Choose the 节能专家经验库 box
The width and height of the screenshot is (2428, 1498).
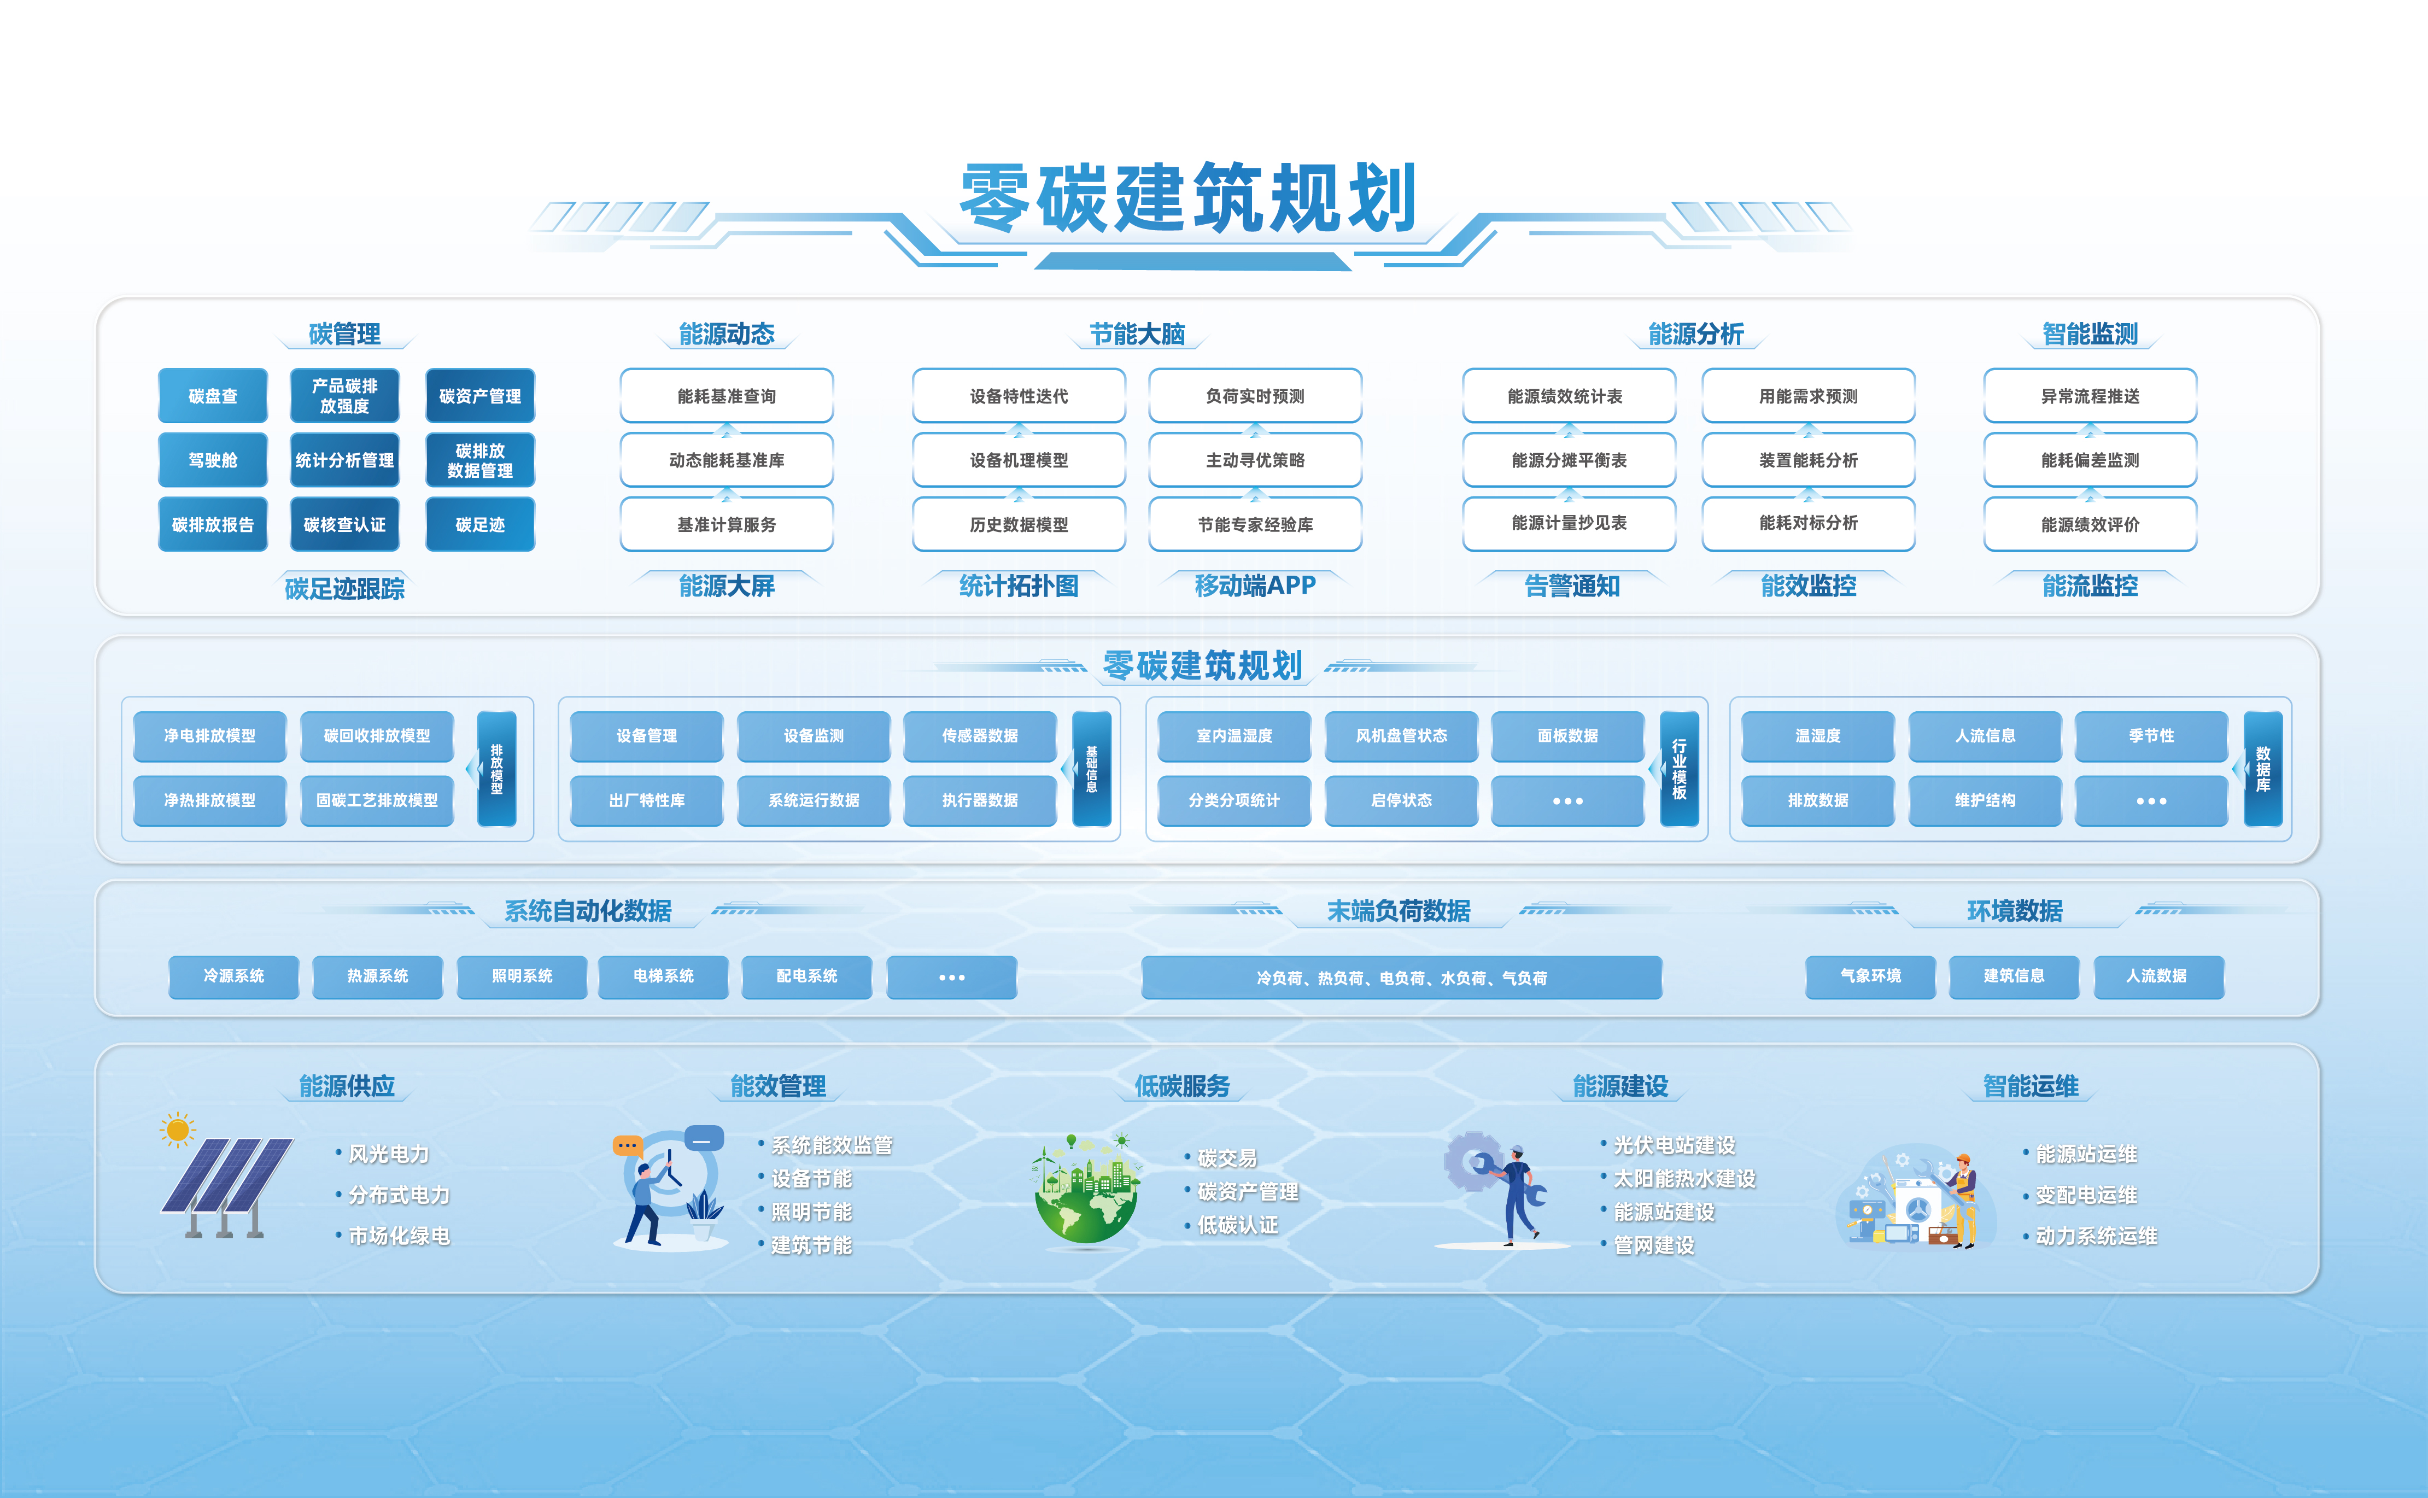[x=1255, y=524]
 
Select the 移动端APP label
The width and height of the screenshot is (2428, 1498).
[x=1255, y=586]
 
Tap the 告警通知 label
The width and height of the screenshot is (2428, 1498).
[x=1572, y=586]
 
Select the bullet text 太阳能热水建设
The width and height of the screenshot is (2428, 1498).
[x=1684, y=1179]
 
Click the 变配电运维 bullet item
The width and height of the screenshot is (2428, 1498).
[x=2085, y=1195]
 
